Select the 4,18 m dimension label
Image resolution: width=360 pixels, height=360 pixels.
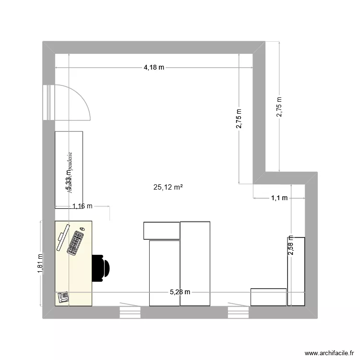coord(154,68)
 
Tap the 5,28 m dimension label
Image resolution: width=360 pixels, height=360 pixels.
coord(180,292)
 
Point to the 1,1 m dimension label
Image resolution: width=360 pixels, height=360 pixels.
coord(279,197)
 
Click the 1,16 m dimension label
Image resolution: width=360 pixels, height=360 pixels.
coord(82,206)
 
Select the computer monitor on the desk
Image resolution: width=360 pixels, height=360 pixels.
coord(61,239)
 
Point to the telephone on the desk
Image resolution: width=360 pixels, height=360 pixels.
coord(63,296)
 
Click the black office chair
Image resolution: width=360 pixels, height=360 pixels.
coord(102,267)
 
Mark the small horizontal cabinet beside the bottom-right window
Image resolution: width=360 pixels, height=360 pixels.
coord(268,297)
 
